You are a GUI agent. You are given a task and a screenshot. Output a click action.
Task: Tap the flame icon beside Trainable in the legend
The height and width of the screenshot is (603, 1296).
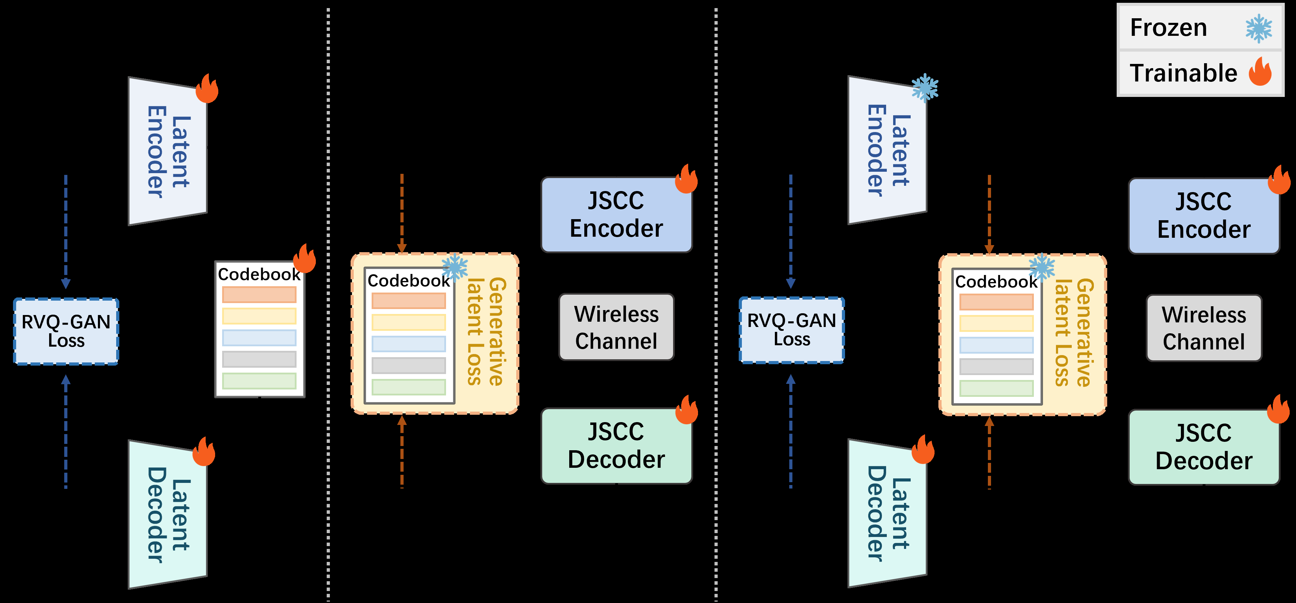(x=1260, y=72)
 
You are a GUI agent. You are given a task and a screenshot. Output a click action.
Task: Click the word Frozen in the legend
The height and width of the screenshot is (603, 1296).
(x=1168, y=28)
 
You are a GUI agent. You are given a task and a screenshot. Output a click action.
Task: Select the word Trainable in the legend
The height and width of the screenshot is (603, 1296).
(x=1183, y=73)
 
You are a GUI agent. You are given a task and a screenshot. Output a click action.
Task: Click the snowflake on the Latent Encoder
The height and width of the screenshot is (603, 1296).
(x=925, y=88)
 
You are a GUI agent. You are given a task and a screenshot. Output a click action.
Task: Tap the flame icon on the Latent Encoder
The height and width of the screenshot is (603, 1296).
(x=207, y=89)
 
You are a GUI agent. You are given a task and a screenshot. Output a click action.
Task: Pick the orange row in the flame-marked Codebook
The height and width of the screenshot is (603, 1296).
(x=259, y=294)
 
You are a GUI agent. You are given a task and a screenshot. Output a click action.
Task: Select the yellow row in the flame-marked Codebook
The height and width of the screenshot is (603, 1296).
(x=259, y=316)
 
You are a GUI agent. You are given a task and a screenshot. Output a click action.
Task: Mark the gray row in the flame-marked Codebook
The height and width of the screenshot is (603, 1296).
(x=259, y=359)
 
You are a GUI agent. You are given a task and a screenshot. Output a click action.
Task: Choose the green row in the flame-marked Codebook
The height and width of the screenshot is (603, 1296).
(x=259, y=381)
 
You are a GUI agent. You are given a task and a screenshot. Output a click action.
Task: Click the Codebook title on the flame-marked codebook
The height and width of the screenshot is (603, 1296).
(x=259, y=274)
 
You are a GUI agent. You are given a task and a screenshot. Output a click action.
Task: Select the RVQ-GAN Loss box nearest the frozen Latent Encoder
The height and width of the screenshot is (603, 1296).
(x=791, y=330)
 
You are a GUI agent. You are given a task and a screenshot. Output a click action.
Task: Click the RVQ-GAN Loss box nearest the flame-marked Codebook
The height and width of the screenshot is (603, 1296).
(x=66, y=331)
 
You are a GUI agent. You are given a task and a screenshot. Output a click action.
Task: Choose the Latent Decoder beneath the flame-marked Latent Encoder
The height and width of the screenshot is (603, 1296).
(x=167, y=514)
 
